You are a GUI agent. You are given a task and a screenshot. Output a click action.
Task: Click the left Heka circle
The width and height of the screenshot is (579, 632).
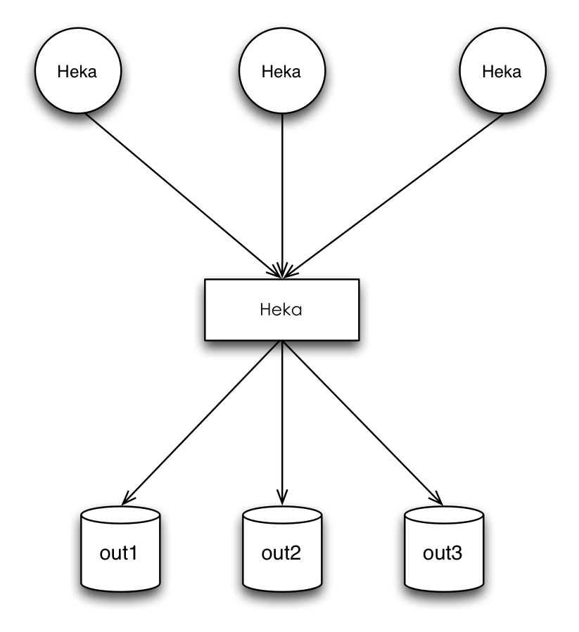click(x=78, y=70)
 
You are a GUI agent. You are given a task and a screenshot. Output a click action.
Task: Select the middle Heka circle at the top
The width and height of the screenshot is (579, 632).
click(x=282, y=70)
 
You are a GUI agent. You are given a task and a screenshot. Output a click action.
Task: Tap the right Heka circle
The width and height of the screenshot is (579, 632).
click(x=503, y=70)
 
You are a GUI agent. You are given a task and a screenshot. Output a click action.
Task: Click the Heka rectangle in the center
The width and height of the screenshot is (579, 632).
click(x=282, y=309)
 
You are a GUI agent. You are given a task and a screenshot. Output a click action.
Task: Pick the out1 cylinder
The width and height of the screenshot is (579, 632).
click(x=120, y=549)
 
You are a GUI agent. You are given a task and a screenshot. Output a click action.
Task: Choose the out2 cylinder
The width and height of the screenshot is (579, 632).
click(x=282, y=549)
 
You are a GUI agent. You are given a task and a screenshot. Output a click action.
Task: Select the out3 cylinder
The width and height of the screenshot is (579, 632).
click(x=444, y=549)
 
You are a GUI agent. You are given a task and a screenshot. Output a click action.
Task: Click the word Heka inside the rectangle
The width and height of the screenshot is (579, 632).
click(x=281, y=309)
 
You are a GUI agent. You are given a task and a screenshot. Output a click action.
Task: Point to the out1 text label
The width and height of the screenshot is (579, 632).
click(x=118, y=553)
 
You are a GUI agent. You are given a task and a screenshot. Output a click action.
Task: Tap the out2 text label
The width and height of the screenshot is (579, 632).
click(x=281, y=553)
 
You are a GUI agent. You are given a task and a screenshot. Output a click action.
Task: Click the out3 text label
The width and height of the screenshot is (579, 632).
click(x=443, y=553)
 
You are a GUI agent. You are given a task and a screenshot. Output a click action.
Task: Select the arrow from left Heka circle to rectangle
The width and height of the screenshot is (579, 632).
click(x=183, y=196)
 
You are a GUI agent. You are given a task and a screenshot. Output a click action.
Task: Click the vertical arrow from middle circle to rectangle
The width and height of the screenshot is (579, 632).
click(x=282, y=196)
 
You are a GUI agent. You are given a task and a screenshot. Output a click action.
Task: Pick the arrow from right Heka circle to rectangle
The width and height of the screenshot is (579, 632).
click(x=393, y=196)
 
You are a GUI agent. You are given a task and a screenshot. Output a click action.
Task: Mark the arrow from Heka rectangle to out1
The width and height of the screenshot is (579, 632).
click(x=201, y=423)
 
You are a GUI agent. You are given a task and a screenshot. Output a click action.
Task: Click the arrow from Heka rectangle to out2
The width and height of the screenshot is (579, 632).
click(x=282, y=423)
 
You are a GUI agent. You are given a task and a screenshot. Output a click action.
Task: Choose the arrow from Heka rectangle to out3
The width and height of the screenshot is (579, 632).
click(x=363, y=423)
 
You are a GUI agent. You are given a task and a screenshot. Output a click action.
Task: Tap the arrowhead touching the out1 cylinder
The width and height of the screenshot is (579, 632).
click(x=127, y=499)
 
